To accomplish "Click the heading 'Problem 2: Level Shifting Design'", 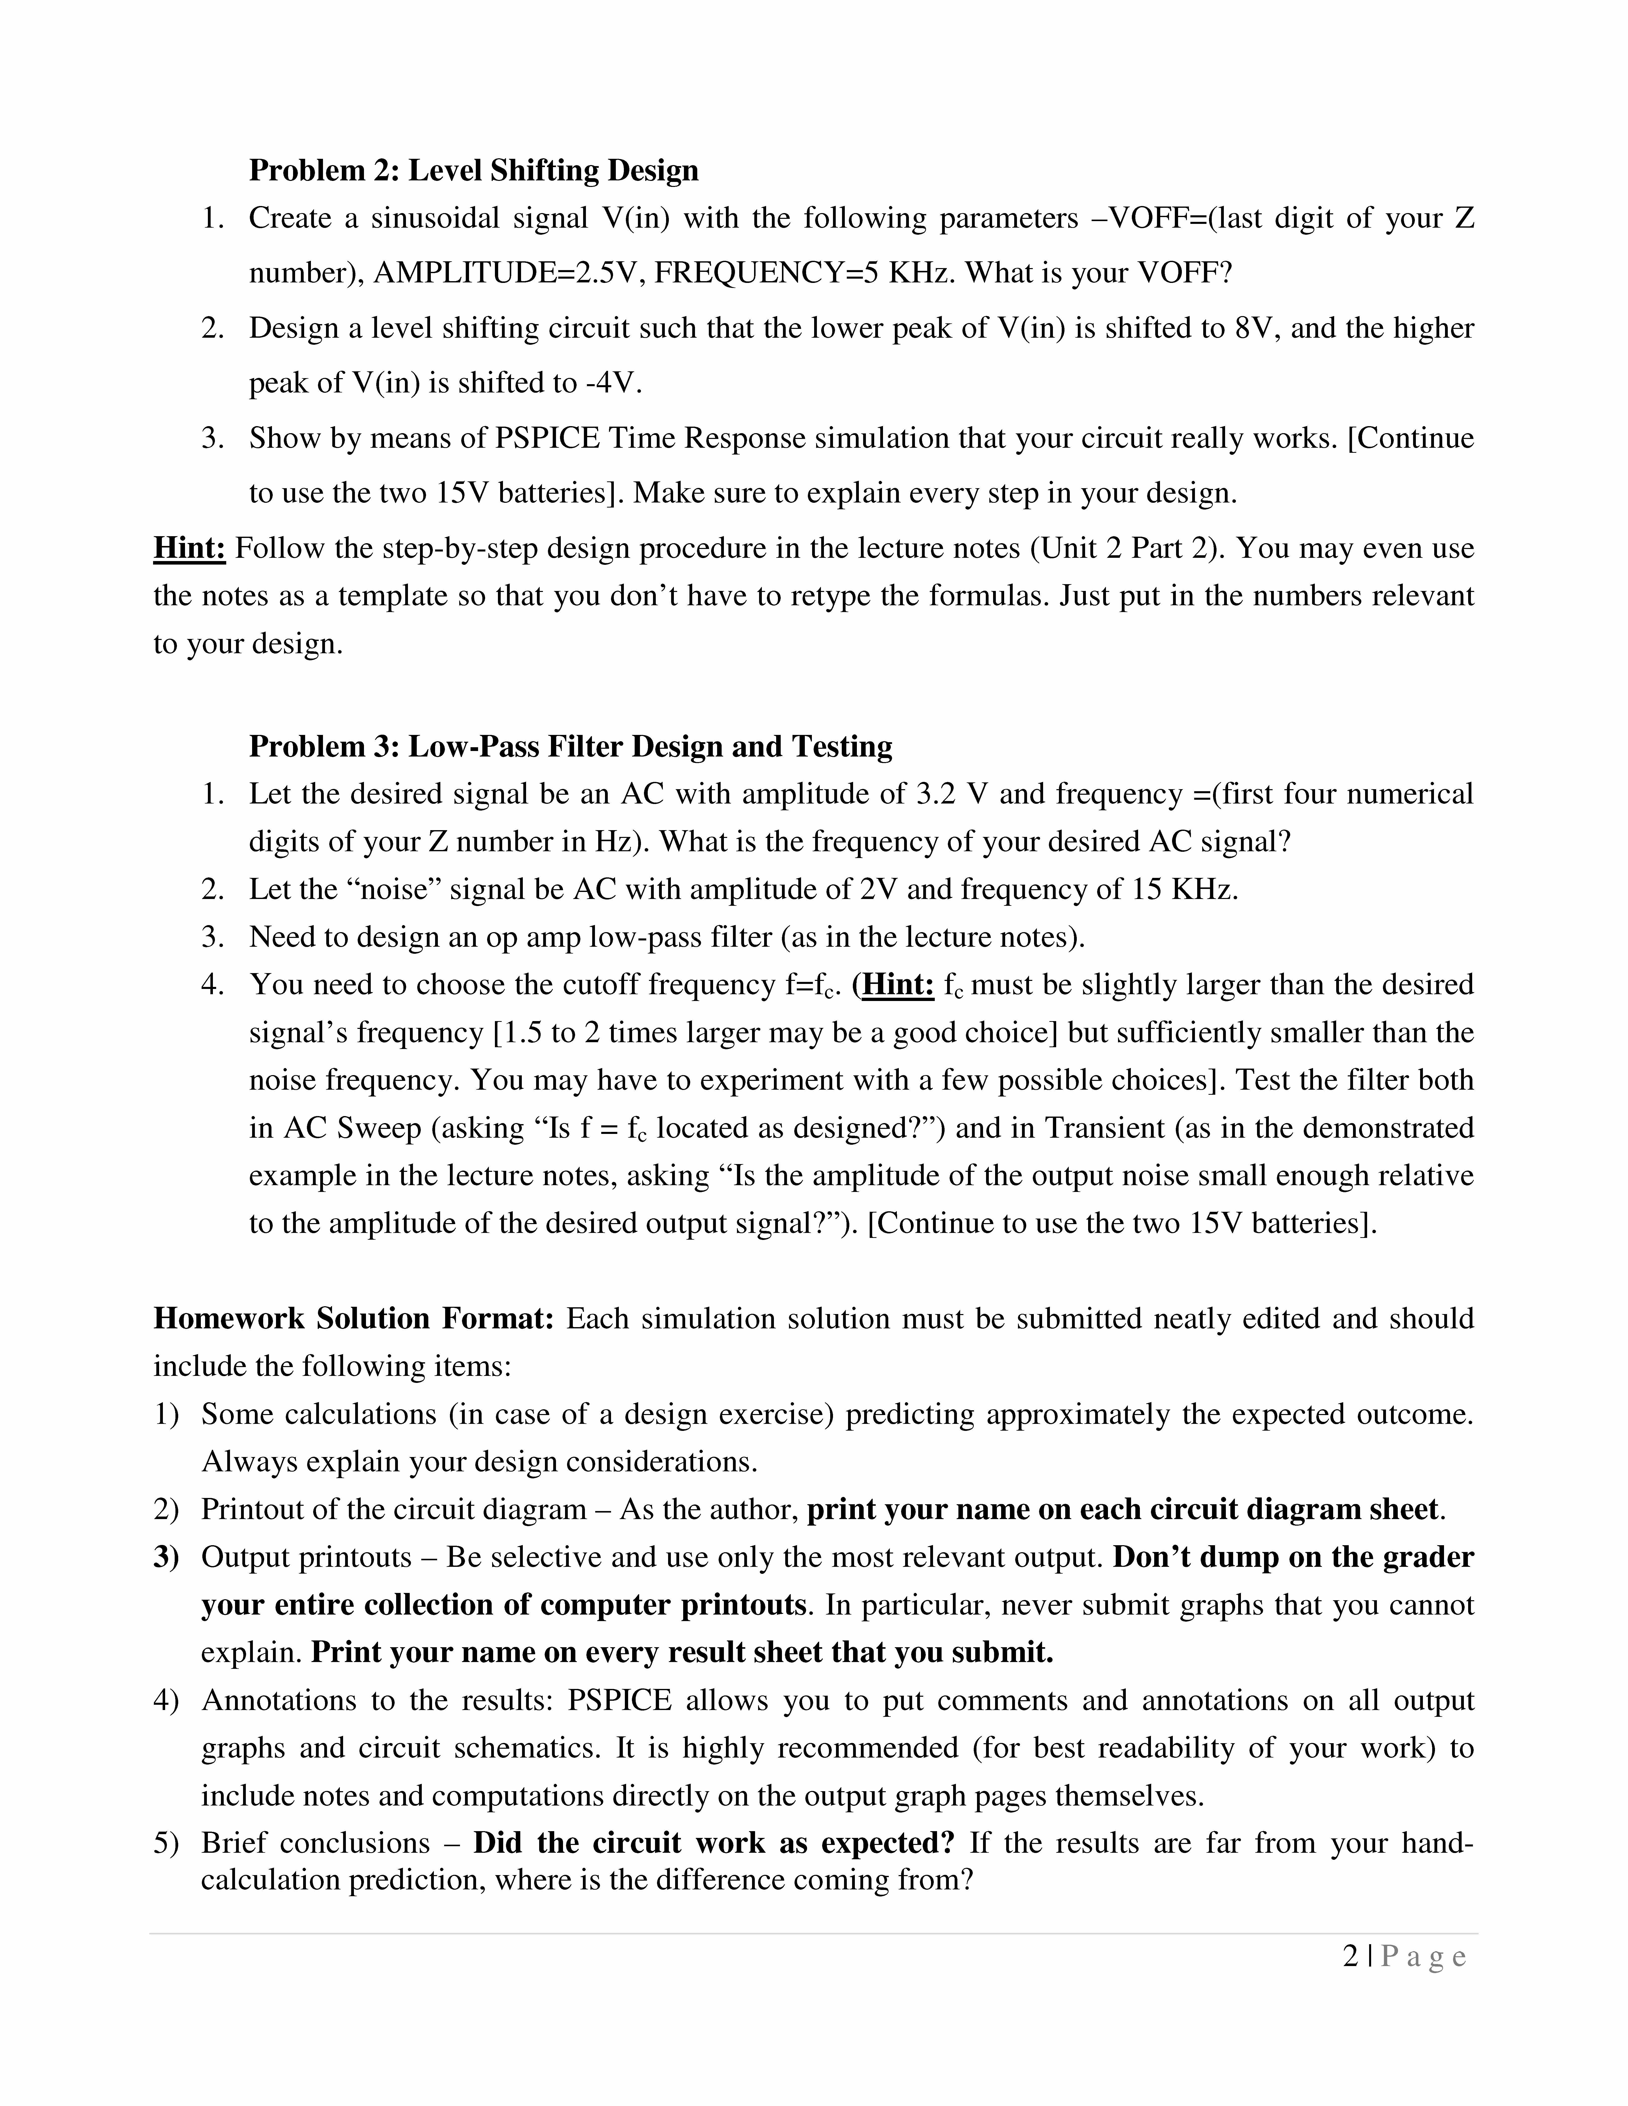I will [474, 171].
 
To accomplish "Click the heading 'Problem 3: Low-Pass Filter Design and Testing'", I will [570, 746].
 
